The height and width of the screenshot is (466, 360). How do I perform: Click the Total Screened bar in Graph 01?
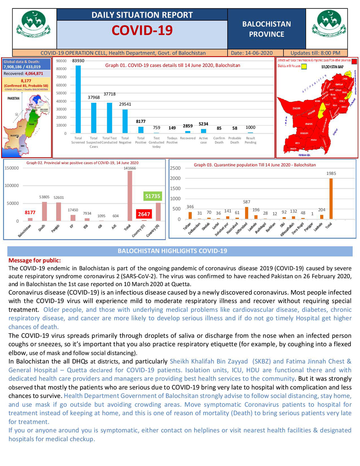[x=78, y=99]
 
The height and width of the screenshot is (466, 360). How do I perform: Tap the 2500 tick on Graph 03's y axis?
[x=175, y=168]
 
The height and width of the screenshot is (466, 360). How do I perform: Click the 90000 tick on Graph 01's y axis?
[x=61, y=61]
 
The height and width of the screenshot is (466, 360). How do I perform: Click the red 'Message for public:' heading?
[x=32, y=260]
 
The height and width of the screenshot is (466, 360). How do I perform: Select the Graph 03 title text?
[x=255, y=165]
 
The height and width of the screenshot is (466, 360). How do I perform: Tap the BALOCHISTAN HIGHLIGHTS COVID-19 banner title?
[x=172, y=251]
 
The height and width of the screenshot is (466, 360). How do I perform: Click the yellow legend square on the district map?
[x=304, y=66]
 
